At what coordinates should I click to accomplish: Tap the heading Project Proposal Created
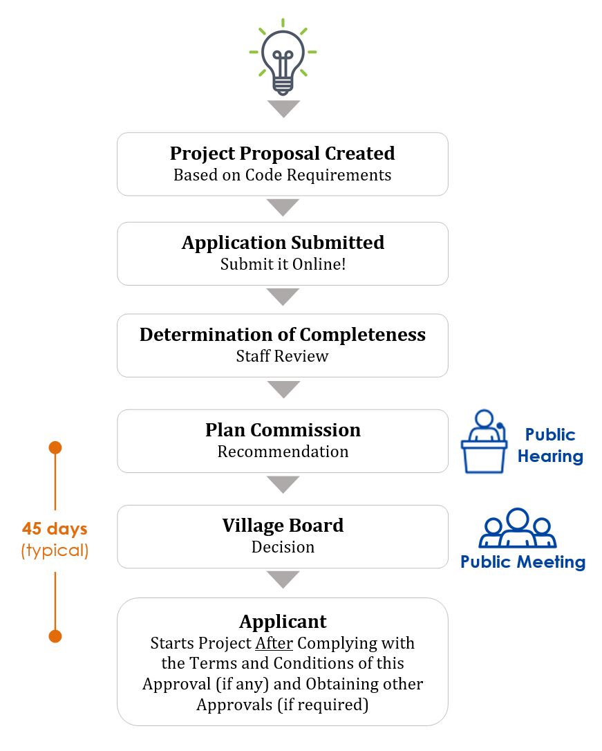click(x=282, y=154)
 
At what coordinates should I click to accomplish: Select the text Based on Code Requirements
click(x=282, y=175)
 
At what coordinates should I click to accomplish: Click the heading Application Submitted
click(x=283, y=242)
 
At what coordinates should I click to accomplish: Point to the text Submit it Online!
click(x=283, y=264)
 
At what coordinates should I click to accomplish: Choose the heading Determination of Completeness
click(x=282, y=334)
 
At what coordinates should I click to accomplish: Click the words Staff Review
click(x=282, y=356)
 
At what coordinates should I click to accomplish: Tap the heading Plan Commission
click(x=283, y=429)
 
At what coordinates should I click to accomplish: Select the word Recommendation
click(x=283, y=451)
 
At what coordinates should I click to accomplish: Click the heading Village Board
click(x=283, y=526)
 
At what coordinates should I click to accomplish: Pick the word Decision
click(x=283, y=547)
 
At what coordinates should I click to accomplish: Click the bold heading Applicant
click(x=283, y=621)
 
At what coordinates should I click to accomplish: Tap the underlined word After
click(x=274, y=642)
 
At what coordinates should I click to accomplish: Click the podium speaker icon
click(x=484, y=441)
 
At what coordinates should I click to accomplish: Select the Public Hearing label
click(x=550, y=445)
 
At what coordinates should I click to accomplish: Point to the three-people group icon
click(x=517, y=528)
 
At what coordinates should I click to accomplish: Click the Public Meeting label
click(x=523, y=562)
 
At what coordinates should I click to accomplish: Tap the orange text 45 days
click(x=55, y=528)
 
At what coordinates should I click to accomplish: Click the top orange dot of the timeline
click(x=55, y=448)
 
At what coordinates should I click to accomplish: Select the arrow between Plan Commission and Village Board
click(x=283, y=484)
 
